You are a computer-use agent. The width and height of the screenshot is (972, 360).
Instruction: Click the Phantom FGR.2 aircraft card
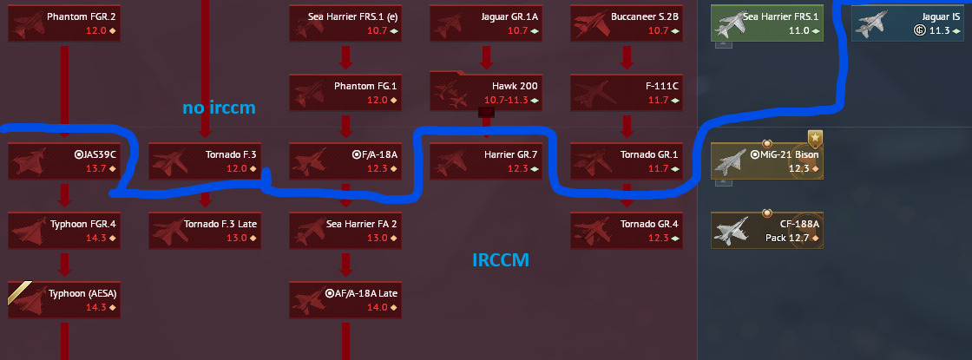pos(64,23)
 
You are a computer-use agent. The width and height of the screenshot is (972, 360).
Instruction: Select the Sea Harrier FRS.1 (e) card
pos(345,23)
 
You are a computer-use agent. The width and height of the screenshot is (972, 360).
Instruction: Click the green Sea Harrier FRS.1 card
pos(767,23)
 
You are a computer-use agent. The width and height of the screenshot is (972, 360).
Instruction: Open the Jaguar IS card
pos(908,23)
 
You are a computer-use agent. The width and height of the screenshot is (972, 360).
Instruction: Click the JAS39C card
pos(64,161)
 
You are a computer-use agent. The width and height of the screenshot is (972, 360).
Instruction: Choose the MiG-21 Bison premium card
pos(767,161)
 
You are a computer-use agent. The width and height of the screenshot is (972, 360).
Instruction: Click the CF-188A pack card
pos(767,230)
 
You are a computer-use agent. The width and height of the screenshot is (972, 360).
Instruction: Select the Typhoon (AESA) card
pos(64,299)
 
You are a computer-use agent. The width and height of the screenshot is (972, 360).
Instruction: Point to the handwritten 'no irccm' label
pos(219,108)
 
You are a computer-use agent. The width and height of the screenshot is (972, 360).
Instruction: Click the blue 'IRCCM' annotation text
pos(501,260)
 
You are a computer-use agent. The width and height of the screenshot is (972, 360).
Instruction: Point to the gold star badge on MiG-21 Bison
pos(815,138)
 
